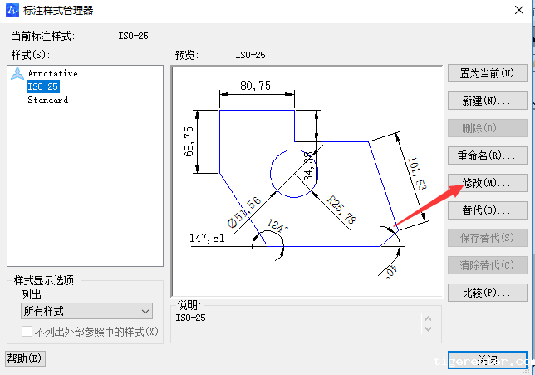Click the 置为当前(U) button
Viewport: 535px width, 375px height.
click(487, 73)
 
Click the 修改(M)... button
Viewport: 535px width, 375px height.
click(487, 183)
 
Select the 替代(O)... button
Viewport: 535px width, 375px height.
click(487, 210)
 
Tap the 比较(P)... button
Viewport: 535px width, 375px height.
click(487, 293)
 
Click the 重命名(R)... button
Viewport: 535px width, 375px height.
click(487, 155)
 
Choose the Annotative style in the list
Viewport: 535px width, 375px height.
click(52, 73)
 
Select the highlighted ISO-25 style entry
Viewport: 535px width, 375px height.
click(42, 86)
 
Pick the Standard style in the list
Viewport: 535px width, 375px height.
click(47, 100)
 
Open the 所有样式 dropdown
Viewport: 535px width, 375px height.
click(86, 311)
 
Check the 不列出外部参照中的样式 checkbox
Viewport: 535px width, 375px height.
click(27, 332)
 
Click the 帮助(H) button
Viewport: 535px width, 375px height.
click(25, 358)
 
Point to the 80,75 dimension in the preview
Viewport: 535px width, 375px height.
click(255, 86)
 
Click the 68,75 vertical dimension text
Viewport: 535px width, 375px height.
click(189, 141)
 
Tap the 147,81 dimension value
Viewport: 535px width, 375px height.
click(207, 238)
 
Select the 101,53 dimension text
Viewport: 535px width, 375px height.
click(416, 172)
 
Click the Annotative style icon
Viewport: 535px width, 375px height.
click(17, 74)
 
